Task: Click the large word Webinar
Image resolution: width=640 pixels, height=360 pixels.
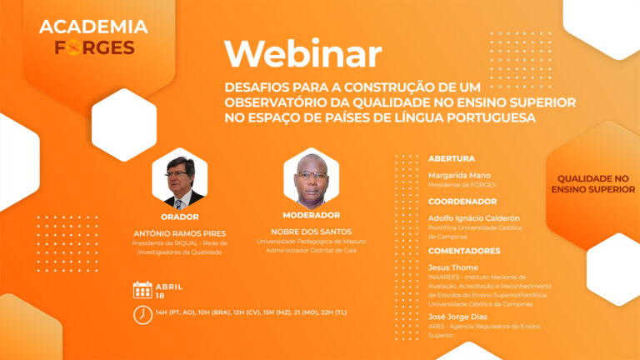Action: tap(302, 53)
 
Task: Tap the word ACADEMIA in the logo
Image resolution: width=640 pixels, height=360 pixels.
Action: tap(93, 27)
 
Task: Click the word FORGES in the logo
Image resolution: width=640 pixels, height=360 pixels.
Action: tap(95, 47)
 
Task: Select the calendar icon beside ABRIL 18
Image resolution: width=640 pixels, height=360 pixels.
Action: tap(142, 290)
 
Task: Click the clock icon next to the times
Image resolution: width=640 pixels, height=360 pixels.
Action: tap(142, 315)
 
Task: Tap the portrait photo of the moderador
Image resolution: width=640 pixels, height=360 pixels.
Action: tap(312, 178)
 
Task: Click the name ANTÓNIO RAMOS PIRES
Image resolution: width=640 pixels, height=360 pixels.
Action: tap(180, 233)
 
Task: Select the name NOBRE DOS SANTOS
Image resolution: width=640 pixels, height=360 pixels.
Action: tap(312, 232)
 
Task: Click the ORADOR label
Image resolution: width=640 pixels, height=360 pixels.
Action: tap(180, 217)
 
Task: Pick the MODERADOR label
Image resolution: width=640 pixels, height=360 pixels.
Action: tap(312, 215)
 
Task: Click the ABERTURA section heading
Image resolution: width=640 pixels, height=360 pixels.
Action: tap(452, 159)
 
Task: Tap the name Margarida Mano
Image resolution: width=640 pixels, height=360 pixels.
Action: tap(460, 176)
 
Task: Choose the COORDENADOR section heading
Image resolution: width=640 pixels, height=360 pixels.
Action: tap(462, 202)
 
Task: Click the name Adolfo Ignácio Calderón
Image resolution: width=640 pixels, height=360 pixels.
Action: tap(474, 218)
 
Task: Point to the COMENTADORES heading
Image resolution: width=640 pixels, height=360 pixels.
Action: tap(464, 251)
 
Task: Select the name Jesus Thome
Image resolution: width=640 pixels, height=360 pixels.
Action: tap(453, 267)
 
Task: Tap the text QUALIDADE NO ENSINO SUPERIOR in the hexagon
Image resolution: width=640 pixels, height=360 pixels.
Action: tap(593, 184)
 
